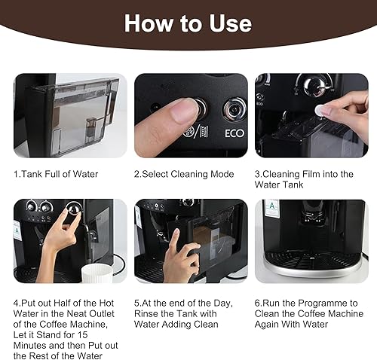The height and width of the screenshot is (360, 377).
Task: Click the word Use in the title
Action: (230, 23)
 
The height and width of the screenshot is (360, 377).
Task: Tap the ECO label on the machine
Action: (234, 133)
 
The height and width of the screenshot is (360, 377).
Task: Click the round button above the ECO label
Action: (234, 109)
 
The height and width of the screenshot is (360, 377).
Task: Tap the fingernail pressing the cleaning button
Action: (185, 111)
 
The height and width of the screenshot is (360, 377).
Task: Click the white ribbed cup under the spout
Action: (97, 273)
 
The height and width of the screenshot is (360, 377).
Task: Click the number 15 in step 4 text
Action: (82, 334)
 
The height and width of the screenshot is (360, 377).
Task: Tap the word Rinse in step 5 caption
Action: (146, 313)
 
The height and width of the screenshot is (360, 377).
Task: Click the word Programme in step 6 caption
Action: (322, 303)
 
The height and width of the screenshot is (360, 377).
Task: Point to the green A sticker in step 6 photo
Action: (272, 207)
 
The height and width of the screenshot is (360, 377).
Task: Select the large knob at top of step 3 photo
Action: (314, 85)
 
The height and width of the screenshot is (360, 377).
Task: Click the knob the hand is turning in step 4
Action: (74, 208)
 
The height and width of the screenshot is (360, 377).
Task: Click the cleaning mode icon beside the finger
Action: (196, 132)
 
